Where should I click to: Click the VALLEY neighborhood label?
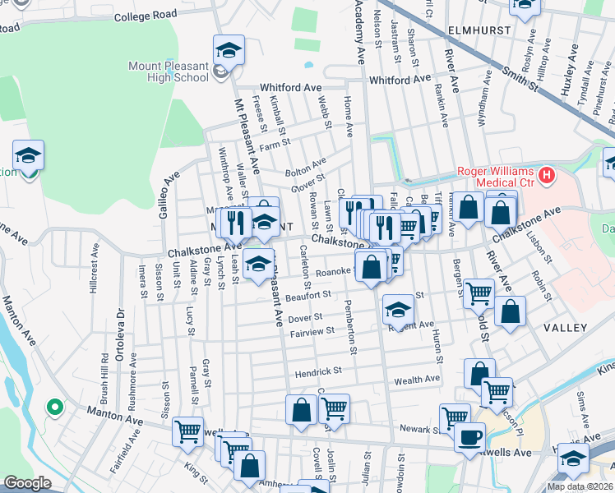(x=565, y=328)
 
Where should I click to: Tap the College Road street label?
(x=146, y=16)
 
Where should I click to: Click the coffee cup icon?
(x=470, y=435)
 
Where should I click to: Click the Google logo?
(x=27, y=483)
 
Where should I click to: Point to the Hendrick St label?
(x=318, y=371)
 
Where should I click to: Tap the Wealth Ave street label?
(x=418, y=380)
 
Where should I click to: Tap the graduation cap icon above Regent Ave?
(x=398, y=310)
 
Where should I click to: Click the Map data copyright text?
(x=580, y=486)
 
